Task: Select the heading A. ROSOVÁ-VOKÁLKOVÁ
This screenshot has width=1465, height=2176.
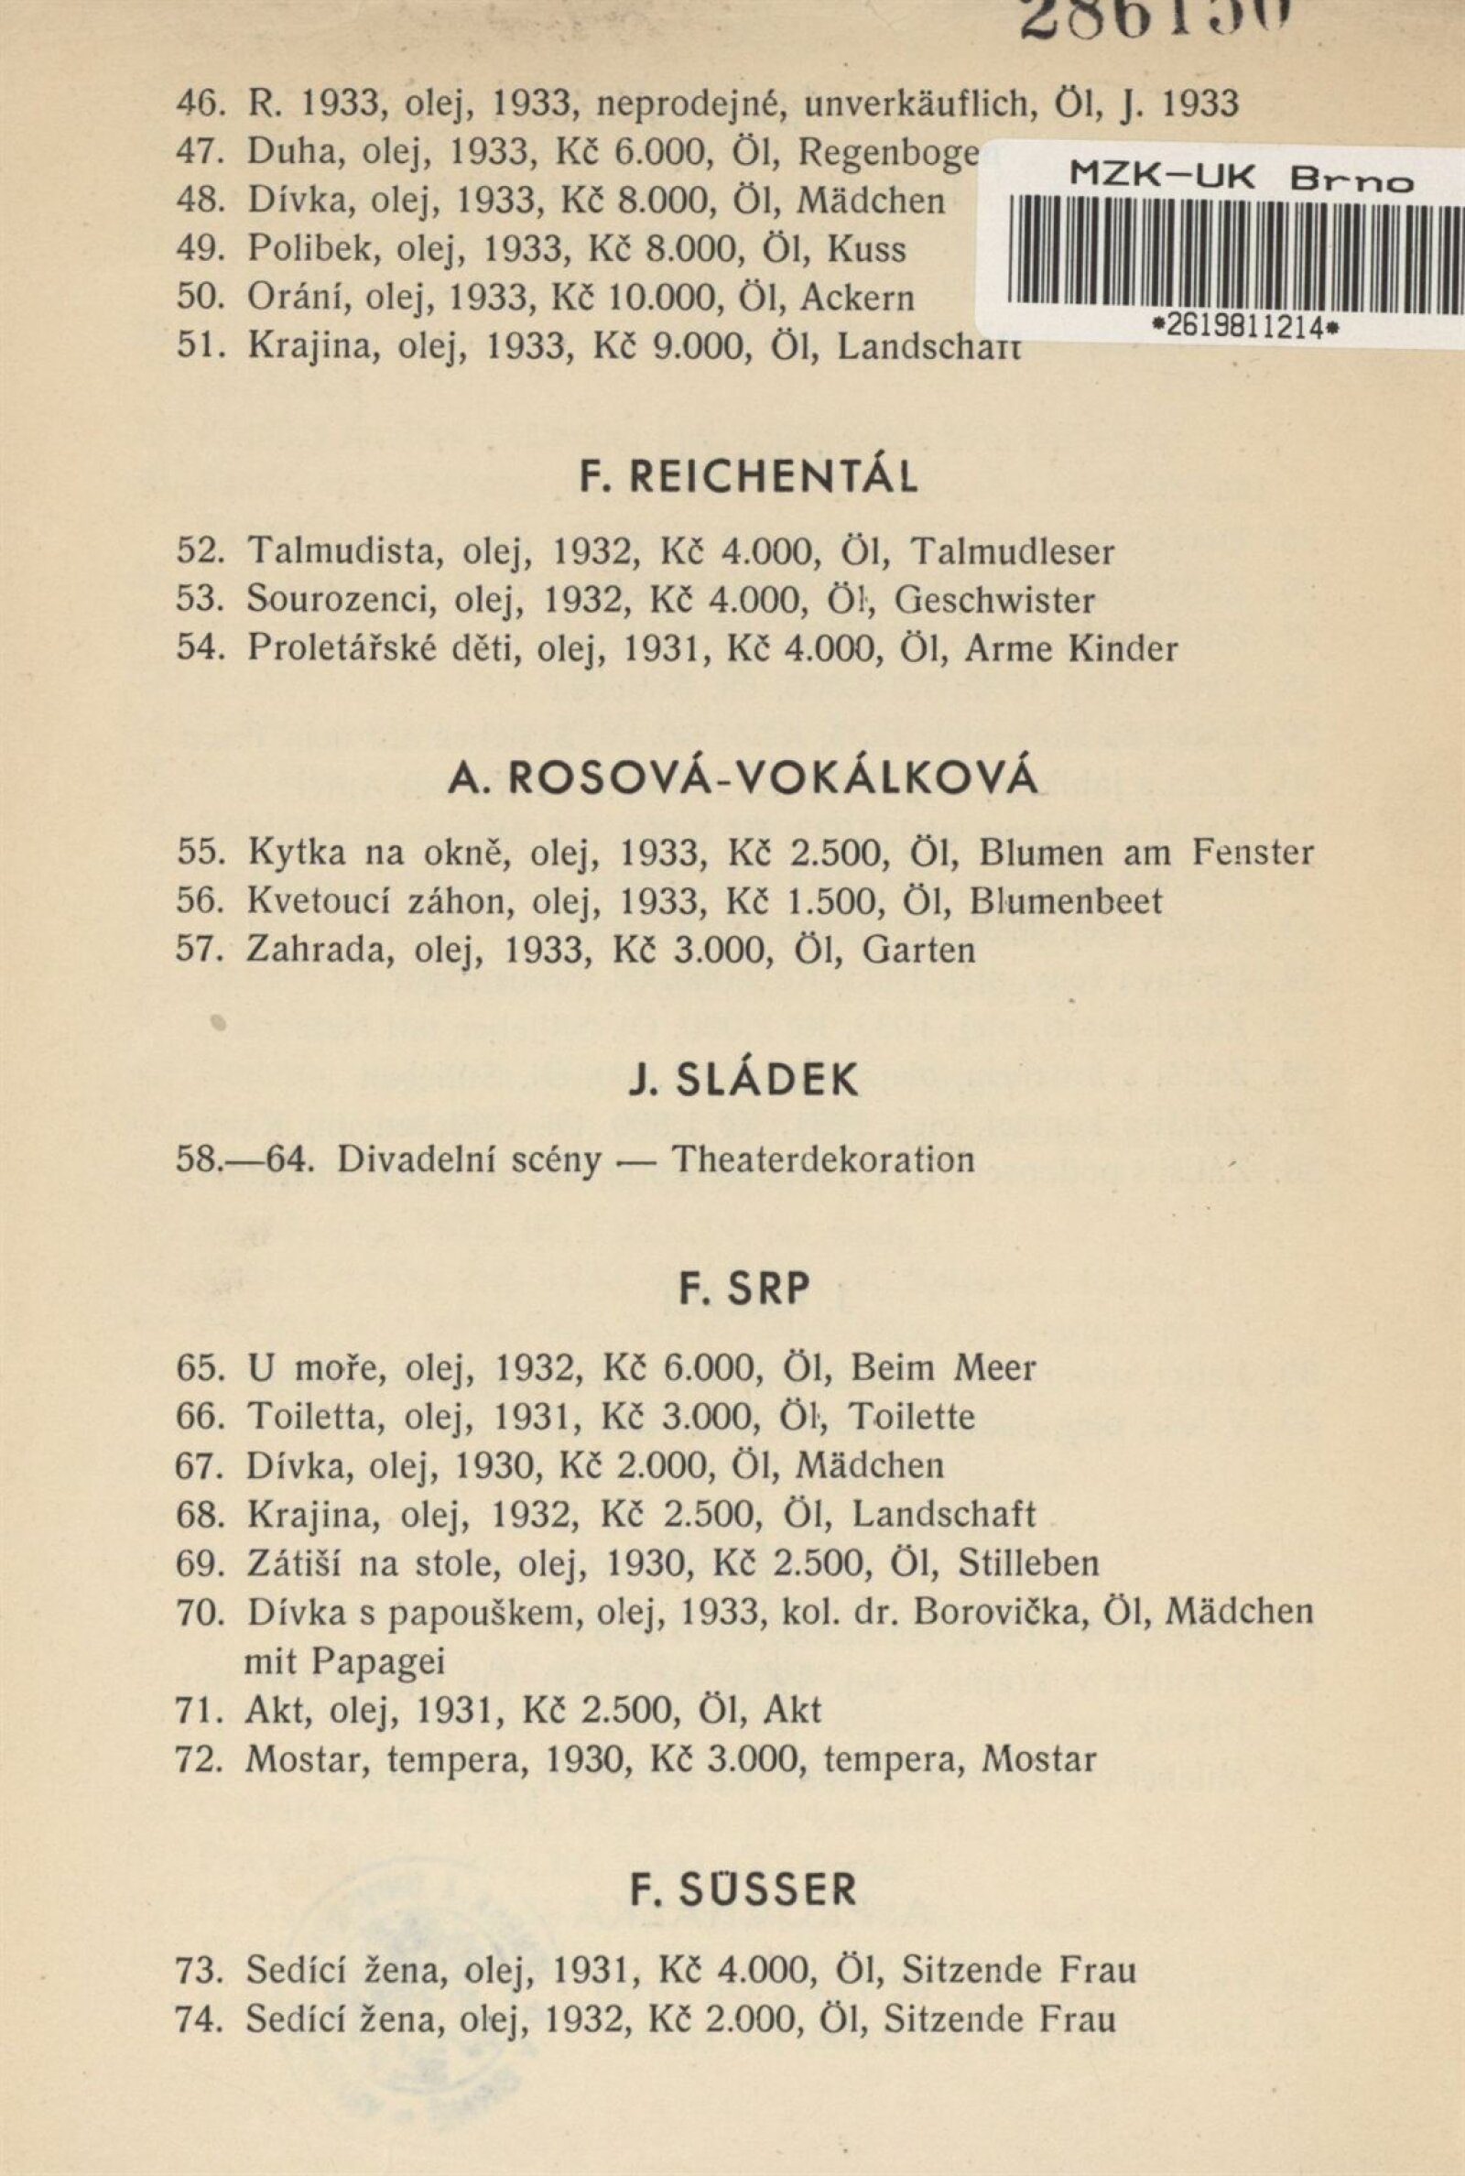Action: tap(743, 778)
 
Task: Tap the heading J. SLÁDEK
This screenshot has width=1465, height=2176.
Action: tap(743, 1080)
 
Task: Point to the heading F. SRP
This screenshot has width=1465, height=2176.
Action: tap(743, 1289)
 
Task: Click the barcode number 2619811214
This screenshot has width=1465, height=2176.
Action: tap(1239, 327)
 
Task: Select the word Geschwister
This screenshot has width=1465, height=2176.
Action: tap(994, 601)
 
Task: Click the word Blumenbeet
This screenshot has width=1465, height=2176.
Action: tap(1066, 901)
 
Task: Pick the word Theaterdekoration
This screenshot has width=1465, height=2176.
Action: tap(823, 1160)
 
